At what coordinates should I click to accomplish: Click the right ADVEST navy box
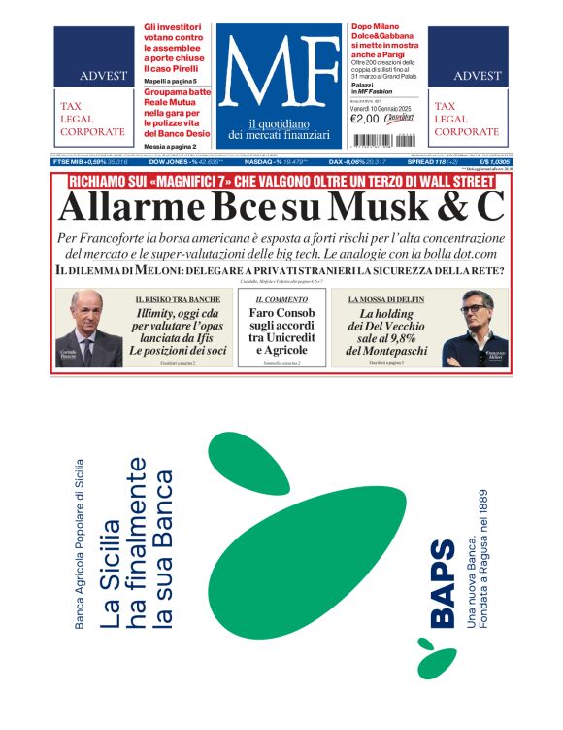pyautogui.click(x=468, y=60)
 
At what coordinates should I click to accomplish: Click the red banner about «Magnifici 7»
pyautogui.click(x=281, y=180)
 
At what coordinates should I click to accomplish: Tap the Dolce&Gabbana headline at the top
pyautogui.click(x=386, y=44)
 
